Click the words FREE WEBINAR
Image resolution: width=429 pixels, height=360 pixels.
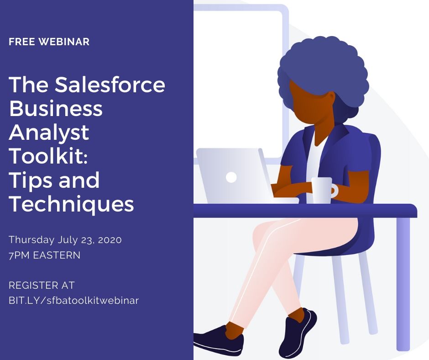[49, 42]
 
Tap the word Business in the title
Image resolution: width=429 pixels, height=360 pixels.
[56, 108]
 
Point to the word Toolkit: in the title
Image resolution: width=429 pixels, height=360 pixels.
[48, 156]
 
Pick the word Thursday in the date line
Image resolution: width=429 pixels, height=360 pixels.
[31, 240]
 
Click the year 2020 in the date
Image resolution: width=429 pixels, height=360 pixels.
[110, 240]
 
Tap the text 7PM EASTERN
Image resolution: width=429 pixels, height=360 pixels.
[45, 255]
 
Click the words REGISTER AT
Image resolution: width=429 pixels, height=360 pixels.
[42, 286]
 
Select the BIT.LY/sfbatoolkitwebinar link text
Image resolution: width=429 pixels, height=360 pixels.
[74, 301]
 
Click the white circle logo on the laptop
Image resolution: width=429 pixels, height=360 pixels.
[231, 177]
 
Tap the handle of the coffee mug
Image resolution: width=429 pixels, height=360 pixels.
[335, 191]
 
